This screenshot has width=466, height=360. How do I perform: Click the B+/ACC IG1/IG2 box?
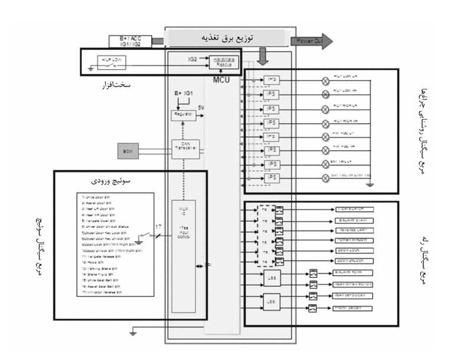pos(131,41)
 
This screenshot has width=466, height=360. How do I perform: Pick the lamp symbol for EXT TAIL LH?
pos(325,163)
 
